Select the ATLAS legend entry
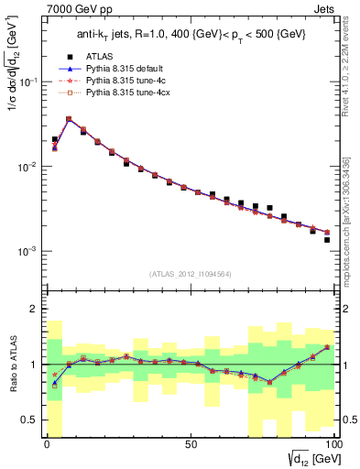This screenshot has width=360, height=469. [x=99, y=57]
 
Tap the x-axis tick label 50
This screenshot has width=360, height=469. [x=190, y=445]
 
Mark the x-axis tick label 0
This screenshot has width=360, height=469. [x=47, y=445]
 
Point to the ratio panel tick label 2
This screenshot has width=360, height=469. [x=33, y=310]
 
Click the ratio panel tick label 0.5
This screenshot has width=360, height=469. [x=29, y=420]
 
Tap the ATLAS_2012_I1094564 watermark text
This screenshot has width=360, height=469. [x=190, y=273]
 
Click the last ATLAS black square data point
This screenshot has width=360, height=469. [x=327, y=240]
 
